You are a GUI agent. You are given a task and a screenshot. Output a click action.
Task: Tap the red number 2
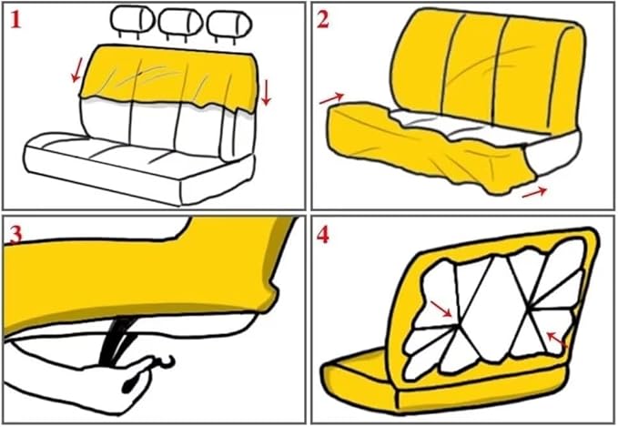[x=324, y=21]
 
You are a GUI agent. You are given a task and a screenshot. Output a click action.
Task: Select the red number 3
[x=15, y=234]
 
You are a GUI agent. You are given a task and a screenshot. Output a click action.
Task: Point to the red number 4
[x=324, y=235]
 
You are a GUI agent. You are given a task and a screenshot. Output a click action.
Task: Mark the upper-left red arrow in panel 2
[x=333, y=97]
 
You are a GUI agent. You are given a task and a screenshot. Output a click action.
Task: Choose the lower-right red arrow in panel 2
[x=535, y=191]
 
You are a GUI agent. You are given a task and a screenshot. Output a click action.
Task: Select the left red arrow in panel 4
[x=441, y=311]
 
